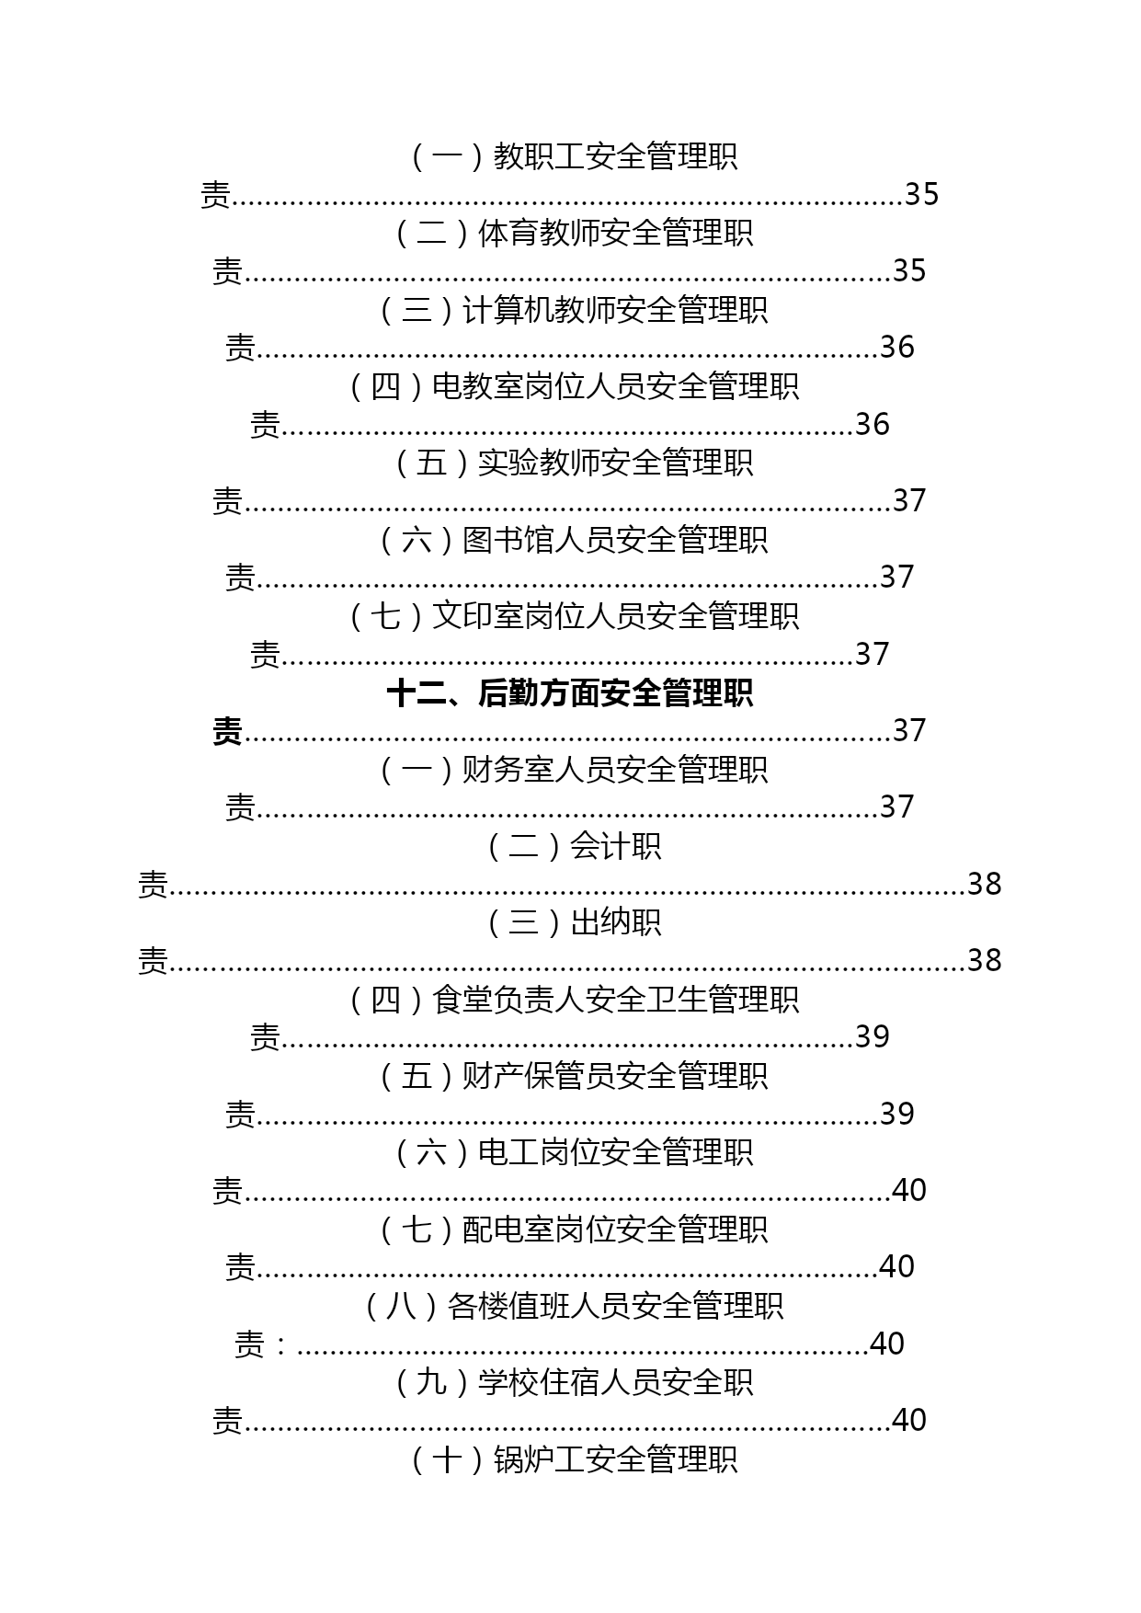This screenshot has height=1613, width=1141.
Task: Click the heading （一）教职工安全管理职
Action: pos(570,156)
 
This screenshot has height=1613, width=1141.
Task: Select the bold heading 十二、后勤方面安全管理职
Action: pos(570,692)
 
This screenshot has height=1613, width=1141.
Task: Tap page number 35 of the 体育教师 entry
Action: pos(909,270)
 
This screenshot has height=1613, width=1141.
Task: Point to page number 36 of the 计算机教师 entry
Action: pos(897,347)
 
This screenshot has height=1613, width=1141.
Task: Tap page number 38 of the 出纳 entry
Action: pos(984,960)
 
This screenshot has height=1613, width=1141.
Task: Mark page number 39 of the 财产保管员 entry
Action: pos(897,1114)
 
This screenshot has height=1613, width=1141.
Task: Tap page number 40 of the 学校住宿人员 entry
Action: pos(909,1420)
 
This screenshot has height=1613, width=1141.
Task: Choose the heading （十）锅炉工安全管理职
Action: pos(570,1459)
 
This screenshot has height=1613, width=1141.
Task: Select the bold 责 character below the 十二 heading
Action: pos(228,731)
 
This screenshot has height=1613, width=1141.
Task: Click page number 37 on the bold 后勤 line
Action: pos(909,730)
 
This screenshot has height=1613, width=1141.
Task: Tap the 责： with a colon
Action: pos(263,1344)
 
